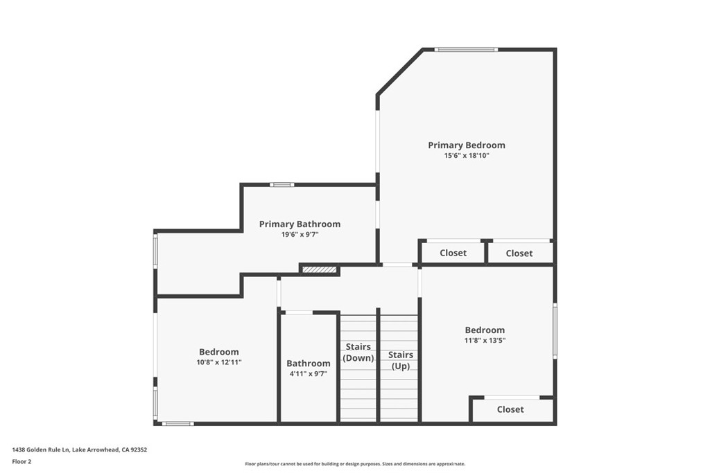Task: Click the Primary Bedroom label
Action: point(467,145)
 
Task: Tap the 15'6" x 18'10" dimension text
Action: point(467,156)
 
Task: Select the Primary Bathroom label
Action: point(300,224)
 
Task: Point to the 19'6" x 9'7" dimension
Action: point(300,234)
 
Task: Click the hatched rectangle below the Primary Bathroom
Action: point(320,270)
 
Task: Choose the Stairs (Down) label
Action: point(358,352)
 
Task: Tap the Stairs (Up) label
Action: point(400,360)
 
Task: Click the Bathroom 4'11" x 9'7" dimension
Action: point(309,374)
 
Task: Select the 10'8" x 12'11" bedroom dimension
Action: point(219,362)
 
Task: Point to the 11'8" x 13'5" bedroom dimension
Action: point(485,341)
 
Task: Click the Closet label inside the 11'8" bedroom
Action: point(510,409)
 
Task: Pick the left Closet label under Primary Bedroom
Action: point(453,253)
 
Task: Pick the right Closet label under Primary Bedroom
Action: point(519,253)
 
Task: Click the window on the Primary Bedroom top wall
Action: point(467,49)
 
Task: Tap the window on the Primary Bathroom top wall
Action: point(282,184)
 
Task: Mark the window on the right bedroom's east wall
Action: point(555,332)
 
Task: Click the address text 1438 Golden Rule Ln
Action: point(41,450)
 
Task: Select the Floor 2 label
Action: point(21,462)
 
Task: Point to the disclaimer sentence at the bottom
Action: point(355,463)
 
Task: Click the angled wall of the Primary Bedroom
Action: point(400,71)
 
